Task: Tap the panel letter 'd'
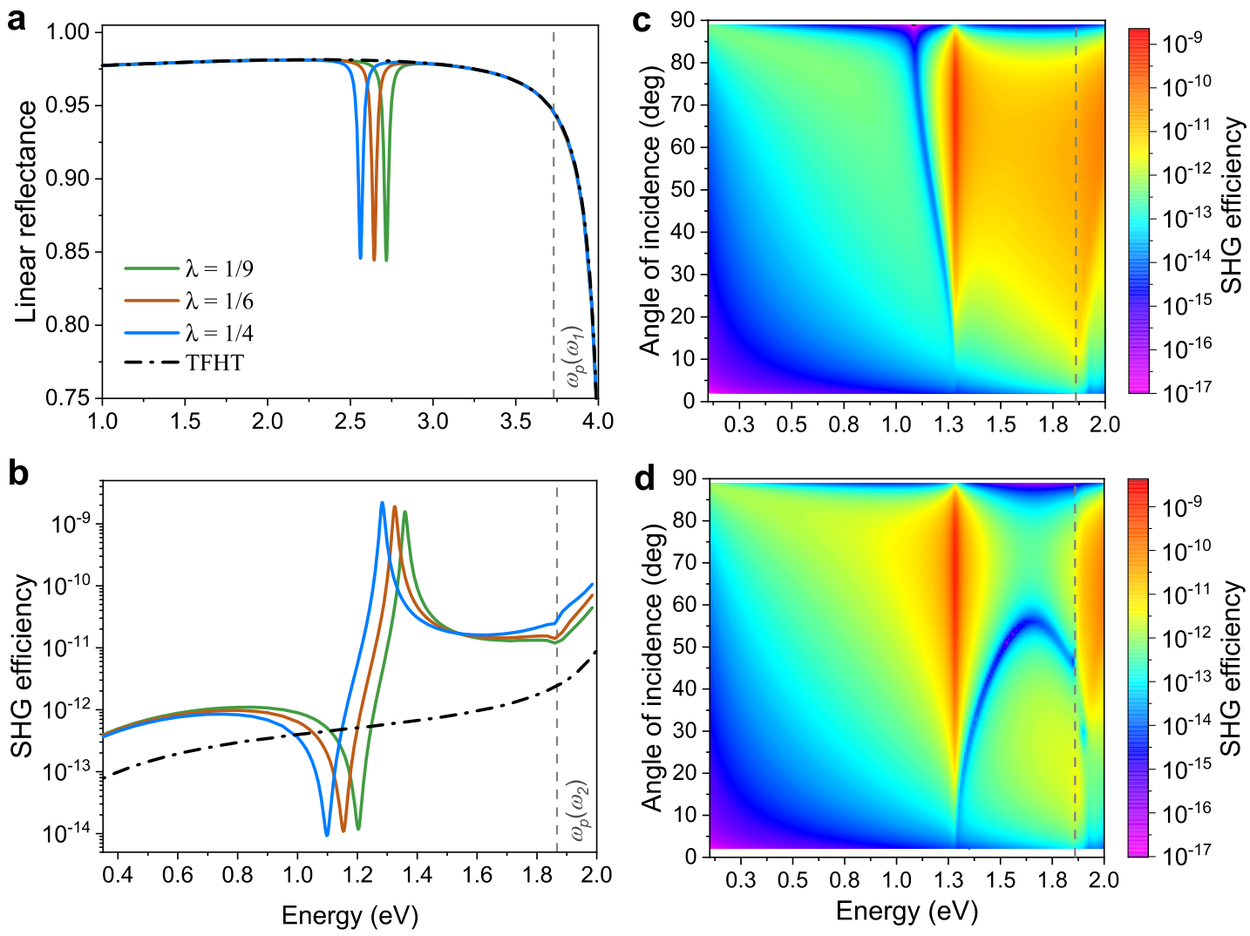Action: [644, 479]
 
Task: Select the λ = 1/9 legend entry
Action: [189, 268]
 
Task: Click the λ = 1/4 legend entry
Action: [189, 333]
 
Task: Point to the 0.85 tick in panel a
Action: [68, 252]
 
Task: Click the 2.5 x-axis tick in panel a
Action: [350, 421]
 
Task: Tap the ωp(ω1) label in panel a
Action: [574, 357]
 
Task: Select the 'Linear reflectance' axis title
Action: [25, 212]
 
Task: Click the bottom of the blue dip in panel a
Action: [361, 257]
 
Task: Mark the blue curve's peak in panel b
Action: [382, 503]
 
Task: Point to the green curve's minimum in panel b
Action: [358, 829]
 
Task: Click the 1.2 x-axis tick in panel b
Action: [357, 874]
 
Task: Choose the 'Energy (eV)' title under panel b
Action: [350, 916]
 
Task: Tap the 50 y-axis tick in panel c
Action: [682, 190]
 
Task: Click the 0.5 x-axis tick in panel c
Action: [791, 424]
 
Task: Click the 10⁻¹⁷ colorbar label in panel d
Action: [1178, 854]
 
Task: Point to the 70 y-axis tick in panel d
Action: [683, 562]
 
